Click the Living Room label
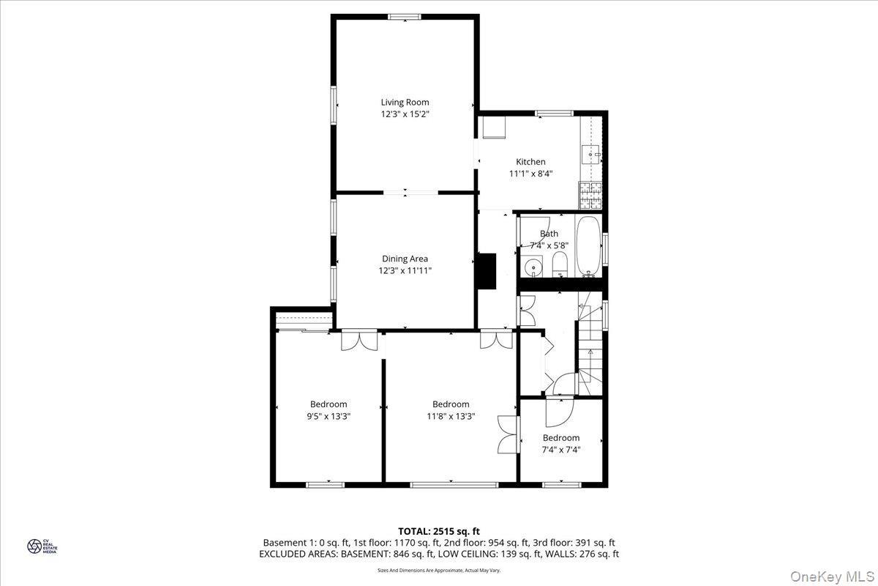(405, 102)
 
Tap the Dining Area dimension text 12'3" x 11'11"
(405, 270)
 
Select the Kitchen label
(530, 162)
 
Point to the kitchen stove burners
(590, 194)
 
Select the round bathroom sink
(534, 268)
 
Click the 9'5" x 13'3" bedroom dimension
(329, 416)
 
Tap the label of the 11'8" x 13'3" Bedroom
(451, 404)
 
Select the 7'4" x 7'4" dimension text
(560, 450)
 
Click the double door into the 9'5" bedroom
(360, 341)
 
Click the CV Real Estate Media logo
(34, 546)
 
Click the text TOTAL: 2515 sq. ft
(439, 531)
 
